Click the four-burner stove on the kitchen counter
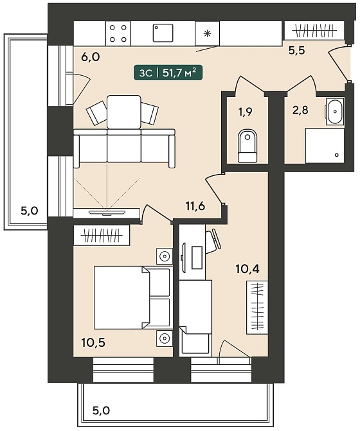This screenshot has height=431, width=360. point(118,33)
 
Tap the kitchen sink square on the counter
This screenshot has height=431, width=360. point(163,33)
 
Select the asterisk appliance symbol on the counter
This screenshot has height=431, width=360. point(208,33)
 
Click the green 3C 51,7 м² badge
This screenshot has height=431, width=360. point(168,73)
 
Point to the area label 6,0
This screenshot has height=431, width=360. point(91,57)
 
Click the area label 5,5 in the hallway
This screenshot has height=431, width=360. point(297,50)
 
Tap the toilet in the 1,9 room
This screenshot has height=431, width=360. point(248,146)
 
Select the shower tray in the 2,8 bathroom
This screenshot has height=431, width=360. point(325,146)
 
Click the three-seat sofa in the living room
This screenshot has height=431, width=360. point(124,148)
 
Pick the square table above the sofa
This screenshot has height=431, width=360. point(124,112)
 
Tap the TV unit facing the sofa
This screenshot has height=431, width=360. point(107,213)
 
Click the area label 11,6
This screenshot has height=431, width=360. point(195,206)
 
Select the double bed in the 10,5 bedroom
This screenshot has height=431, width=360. point(132,297)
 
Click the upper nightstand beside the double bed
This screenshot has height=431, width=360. point(165,256)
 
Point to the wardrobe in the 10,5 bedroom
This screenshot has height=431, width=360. point(102,235)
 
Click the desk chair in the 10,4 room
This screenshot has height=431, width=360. point(213,242)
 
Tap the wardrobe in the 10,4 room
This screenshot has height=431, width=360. point(257,308)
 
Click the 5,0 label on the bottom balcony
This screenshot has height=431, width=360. point(101,410)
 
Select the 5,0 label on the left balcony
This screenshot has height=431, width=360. point(29,211)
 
